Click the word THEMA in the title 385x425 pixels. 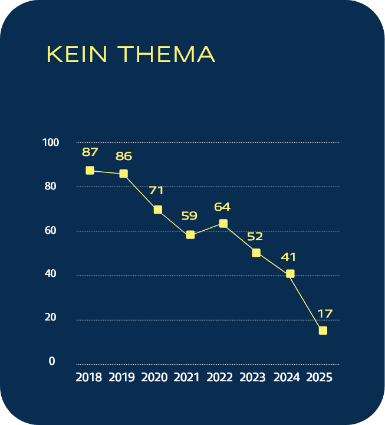coord(166,54)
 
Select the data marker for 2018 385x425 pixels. coord(90,171)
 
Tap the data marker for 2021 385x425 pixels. coord(190,235)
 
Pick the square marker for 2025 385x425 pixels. coord(323,331)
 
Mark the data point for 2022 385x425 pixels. coord(223,224)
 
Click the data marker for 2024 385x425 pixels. coord(290,274)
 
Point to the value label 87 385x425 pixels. coord(90,152)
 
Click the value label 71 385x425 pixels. coord(156,191)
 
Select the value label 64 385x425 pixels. coord(222,207)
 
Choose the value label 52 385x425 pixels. coord(255,236)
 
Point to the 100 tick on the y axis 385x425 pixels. coord(51,142)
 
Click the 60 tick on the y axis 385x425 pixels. coord(51,230)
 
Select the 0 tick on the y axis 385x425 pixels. coord(52,361)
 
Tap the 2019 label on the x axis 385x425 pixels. coord(122,377)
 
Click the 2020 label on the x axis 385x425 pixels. coord(155,377)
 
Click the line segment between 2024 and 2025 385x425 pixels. coord(307,302)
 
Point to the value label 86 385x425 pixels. coord(124,156)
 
